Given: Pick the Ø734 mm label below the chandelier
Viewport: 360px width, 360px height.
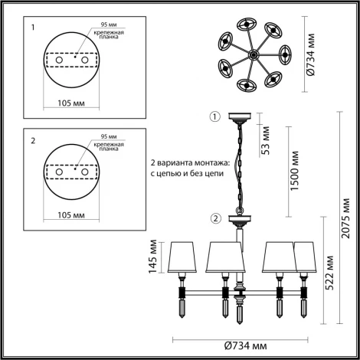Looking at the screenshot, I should click(x=246, y=345).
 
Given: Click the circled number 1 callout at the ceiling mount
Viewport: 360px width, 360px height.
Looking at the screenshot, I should click(x=215, y=117).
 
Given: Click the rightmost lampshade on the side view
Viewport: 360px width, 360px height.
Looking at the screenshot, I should click(x=306, y=256).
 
